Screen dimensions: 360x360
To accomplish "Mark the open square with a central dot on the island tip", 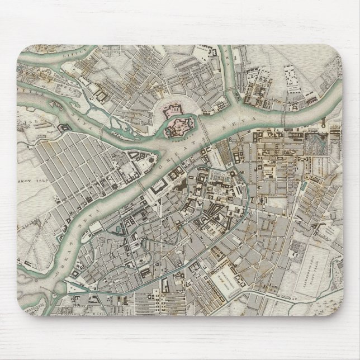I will pyautogui.click(x=136, y=165).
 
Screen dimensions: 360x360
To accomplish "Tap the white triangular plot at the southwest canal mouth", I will pyautogui.click(x=73, y=288).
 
